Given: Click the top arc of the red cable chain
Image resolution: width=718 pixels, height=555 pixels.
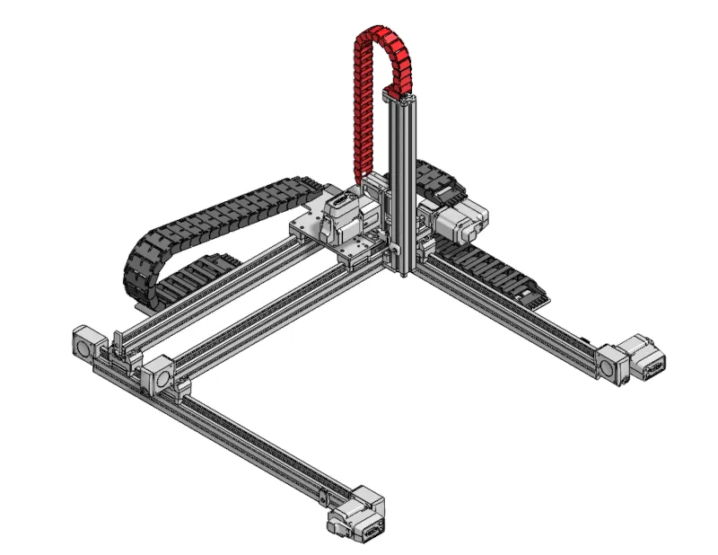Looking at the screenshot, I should (377, 34).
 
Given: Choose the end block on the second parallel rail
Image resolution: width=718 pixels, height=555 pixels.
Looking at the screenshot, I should (159, 373).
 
